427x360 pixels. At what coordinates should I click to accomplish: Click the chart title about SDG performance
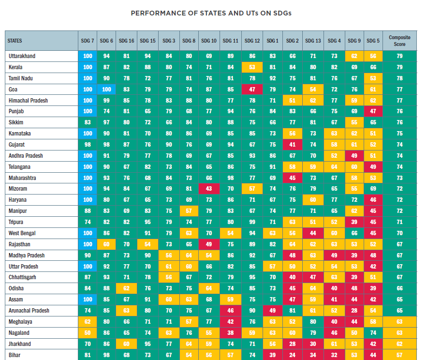coord(211,13)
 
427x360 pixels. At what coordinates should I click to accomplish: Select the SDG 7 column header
coord(88,41)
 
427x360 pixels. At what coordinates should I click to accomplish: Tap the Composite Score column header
coord(399,41)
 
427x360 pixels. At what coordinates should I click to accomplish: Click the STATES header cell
coord(42,41)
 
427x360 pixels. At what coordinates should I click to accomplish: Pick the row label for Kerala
coord(15,67)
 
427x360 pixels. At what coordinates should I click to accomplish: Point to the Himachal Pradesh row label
coord(28,101)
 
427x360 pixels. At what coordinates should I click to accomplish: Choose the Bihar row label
coord(15,355)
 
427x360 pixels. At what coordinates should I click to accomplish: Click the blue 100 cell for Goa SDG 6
coord(106,90)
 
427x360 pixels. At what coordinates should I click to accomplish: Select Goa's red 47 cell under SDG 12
coord(252,90)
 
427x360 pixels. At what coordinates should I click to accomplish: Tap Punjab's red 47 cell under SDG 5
coord(373,111)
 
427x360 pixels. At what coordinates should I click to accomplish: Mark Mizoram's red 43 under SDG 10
coord(209,189)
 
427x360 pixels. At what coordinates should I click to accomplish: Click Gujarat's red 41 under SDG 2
coord(293,145)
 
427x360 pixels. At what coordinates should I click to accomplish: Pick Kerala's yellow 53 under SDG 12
coord(252,67)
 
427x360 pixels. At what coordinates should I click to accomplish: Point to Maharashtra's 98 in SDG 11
coord(231,178)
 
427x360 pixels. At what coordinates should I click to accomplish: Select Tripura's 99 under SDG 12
coord(252,222)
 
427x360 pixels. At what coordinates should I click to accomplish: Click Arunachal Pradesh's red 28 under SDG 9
coord(354,311)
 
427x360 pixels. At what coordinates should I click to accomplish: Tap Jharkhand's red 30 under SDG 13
coord(313,344)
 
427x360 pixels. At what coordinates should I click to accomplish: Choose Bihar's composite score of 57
coord(399,355)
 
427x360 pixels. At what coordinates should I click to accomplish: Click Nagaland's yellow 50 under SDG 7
coord(88,333)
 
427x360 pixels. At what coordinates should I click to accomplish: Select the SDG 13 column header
coord(313,41)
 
